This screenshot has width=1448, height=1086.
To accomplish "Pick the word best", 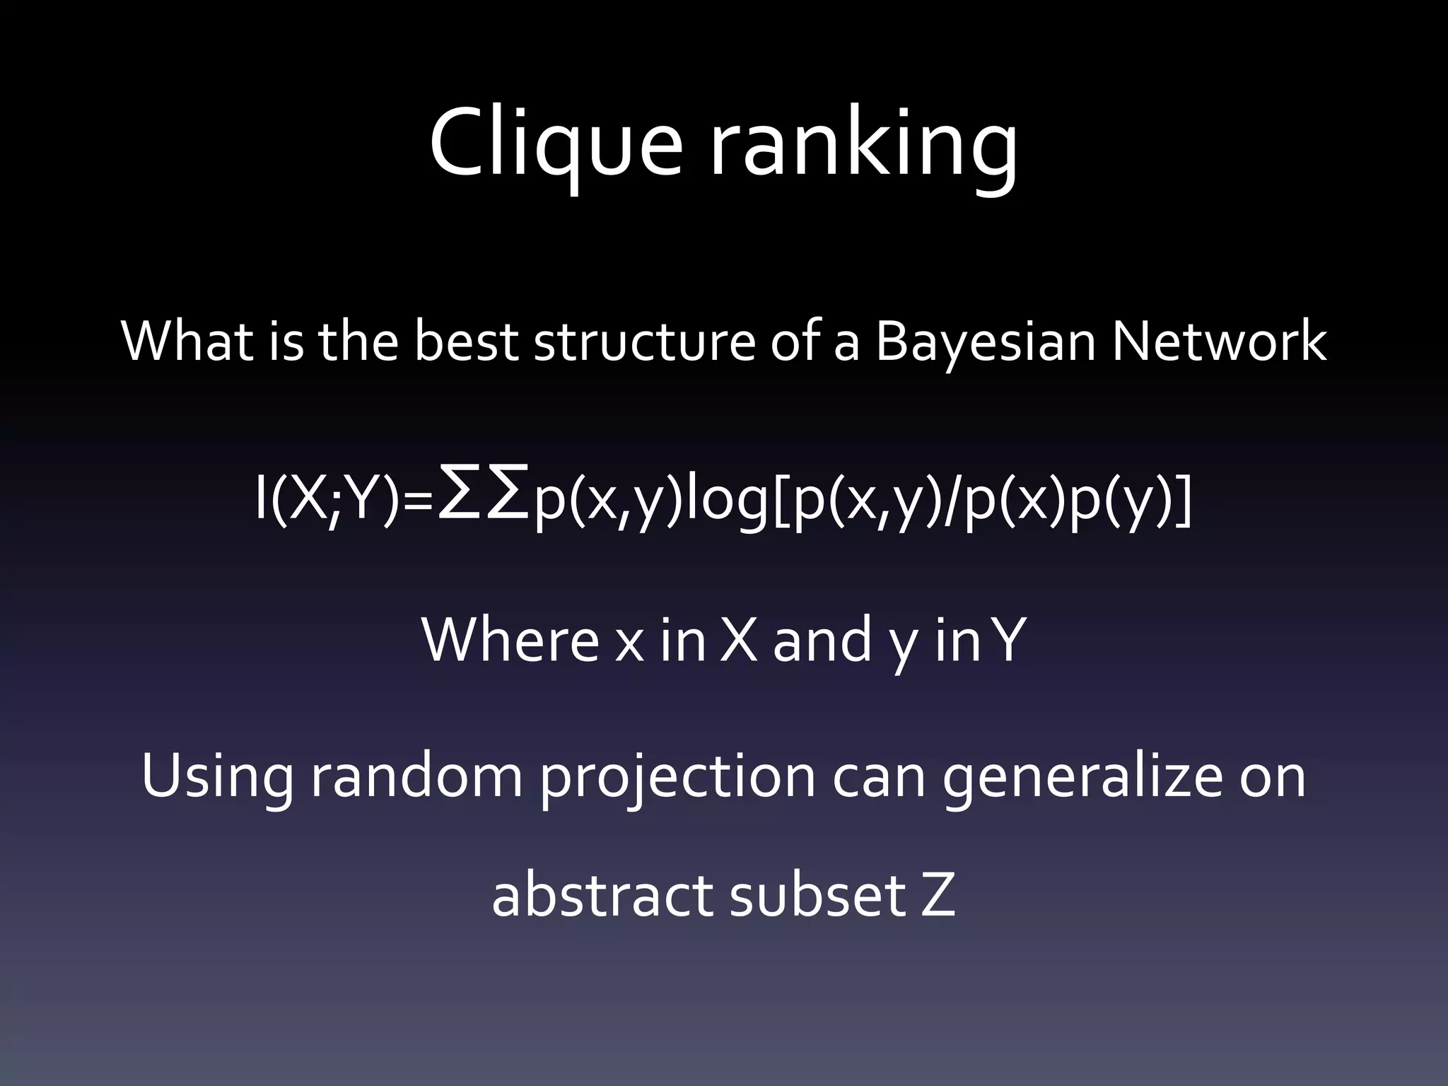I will (466, 342).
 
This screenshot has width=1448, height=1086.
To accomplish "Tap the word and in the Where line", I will (821, 641).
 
